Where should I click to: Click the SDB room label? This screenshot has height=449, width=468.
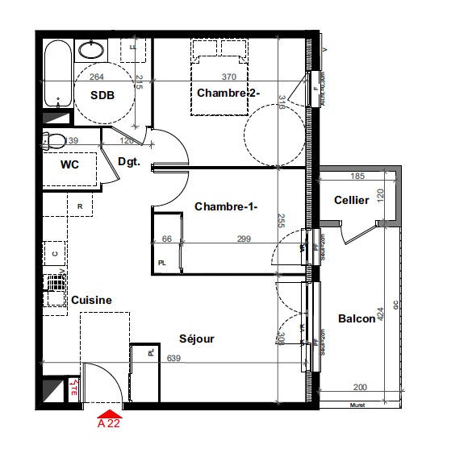102,95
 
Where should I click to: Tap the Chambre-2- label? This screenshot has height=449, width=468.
228,94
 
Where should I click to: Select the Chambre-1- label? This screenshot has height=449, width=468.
226,207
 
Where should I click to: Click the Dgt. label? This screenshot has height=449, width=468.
129,161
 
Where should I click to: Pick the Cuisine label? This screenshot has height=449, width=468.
91,300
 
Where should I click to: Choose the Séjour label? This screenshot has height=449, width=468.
195,339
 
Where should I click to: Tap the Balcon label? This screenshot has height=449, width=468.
357,318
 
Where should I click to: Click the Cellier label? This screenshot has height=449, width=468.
352,200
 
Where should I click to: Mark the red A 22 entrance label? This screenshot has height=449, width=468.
109,422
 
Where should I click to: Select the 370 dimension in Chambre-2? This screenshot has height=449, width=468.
229,77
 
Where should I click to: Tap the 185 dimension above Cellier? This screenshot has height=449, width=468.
359,176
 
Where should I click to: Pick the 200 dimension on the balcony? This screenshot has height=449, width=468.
359,388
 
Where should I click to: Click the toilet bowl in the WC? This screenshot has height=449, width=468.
55,142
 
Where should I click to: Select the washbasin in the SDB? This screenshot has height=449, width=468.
90,50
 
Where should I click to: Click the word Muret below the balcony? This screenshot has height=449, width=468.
358,405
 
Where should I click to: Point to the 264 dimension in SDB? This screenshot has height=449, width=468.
97,77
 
